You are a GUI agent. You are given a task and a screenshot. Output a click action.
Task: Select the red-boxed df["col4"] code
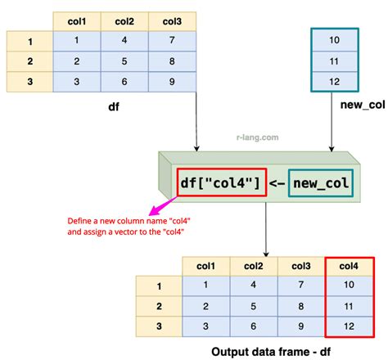click(x=220, y=182)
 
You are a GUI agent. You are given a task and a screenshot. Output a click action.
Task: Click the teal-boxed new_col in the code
click(x=321, y=182)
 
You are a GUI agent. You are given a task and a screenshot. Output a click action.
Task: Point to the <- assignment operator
click(x=277, y=182)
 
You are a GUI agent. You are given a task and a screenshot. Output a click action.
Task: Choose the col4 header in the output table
click(x=349, y=266)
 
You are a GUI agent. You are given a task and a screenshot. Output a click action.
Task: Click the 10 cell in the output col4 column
click(x=349, y=286)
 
